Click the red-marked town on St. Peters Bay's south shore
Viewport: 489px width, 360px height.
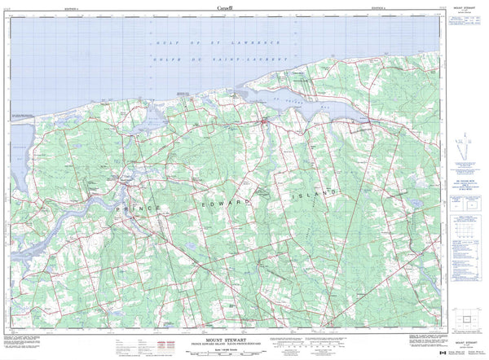(x=265, y=123)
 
